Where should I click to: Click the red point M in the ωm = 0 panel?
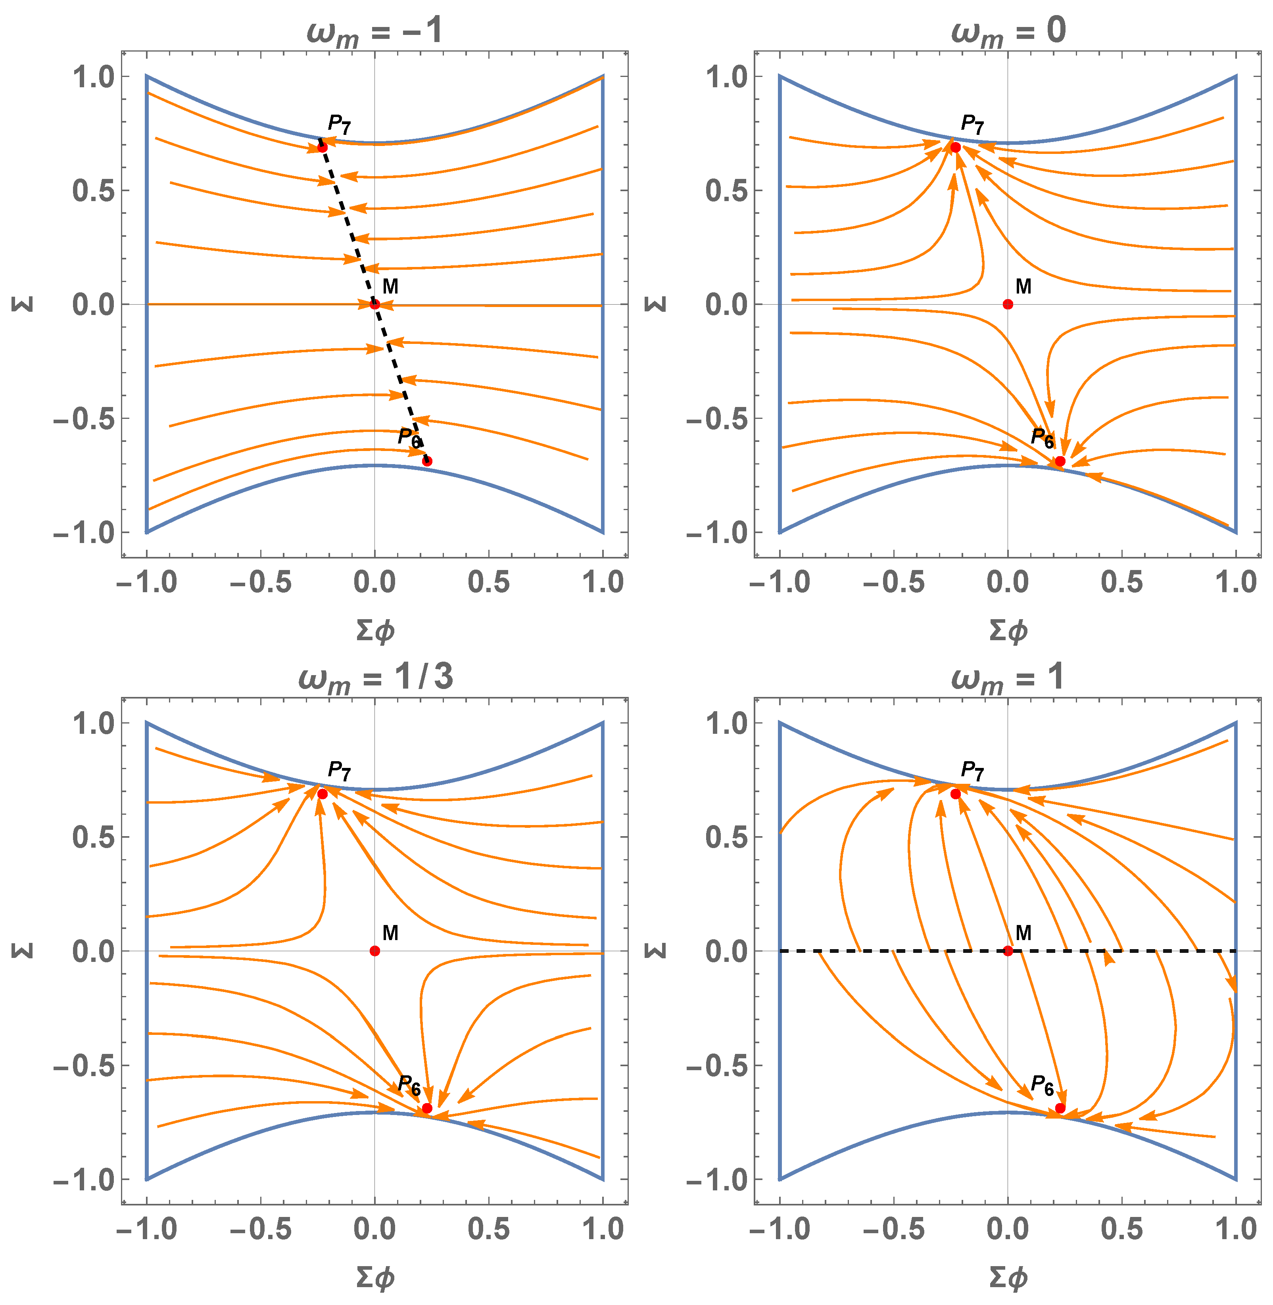pos(1008,304)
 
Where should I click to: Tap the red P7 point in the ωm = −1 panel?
pos(322,147)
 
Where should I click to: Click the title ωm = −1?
pos(374,31)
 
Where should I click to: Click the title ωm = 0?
pos(1008,31)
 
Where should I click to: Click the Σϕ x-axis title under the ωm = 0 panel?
pos(1008,630)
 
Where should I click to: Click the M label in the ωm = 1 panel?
pos(1023,933)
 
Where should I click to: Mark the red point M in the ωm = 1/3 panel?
pos(374,951)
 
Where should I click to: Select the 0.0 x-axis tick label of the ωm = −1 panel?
pos(374,581)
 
